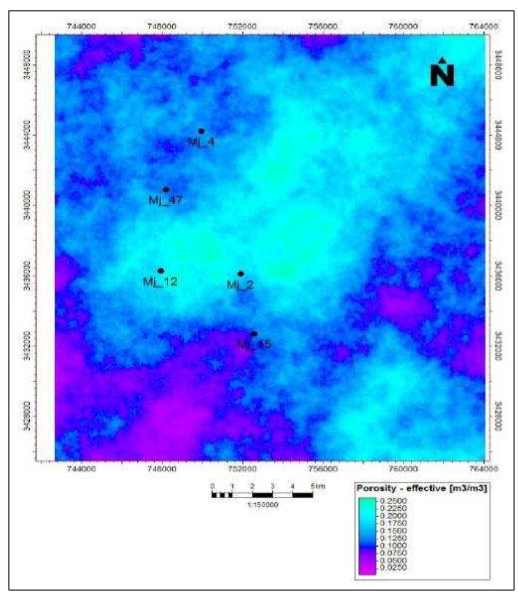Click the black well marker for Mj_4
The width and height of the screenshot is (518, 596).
point(201,131)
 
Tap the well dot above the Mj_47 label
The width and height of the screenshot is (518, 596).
point(166,189)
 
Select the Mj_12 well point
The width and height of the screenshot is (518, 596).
point(161,271)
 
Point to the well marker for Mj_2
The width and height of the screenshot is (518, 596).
point(241,274)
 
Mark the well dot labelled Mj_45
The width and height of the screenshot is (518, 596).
point(254,334)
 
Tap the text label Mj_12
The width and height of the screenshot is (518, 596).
point(160,282)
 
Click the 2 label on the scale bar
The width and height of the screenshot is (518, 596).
point(253,486)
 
